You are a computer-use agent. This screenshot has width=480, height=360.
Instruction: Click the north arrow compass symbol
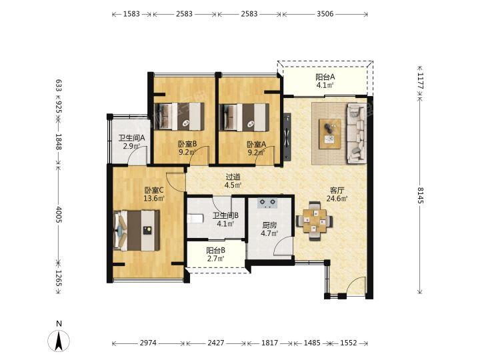[59, 340]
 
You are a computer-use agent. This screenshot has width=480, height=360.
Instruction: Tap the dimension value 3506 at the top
[325, 14]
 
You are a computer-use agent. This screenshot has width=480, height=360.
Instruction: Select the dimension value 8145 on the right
[420, 195]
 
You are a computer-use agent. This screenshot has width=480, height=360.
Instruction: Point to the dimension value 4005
[59, 214]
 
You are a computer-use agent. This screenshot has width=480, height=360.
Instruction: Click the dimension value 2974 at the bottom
[148, 343]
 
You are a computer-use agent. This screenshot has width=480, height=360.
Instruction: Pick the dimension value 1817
[270, 343]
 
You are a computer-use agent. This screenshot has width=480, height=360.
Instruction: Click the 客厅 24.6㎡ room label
[337, 195]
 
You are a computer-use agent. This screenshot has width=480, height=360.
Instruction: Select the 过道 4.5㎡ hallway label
[233, 181]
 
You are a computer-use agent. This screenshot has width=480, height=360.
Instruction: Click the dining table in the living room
[315, 221]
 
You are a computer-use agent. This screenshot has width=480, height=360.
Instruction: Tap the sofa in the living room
[357, 133]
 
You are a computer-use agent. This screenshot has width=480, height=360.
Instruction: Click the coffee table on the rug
[330, 134]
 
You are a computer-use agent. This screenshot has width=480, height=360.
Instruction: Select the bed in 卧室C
[137, 230]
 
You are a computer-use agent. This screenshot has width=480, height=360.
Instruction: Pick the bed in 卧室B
[179, 117]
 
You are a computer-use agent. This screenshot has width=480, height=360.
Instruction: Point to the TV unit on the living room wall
[287, 137]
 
